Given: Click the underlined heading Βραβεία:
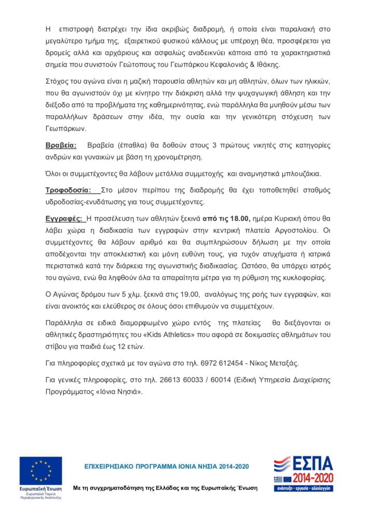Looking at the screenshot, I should click(61, 145).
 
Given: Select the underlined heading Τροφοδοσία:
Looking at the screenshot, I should click(69, 190).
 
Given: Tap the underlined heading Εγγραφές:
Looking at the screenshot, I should click(64, 218).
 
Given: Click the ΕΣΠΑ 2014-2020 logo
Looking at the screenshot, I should click(303, 473).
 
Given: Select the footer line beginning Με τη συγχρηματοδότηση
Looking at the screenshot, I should click(165, 488).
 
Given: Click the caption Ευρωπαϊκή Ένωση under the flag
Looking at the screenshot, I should click(41, 489).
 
